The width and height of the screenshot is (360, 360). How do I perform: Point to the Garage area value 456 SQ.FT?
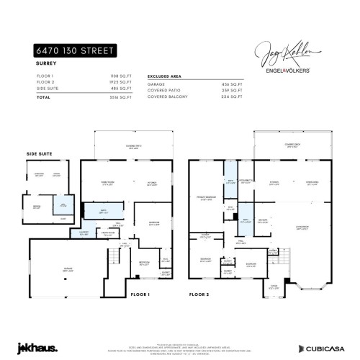[x=228, y=84]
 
